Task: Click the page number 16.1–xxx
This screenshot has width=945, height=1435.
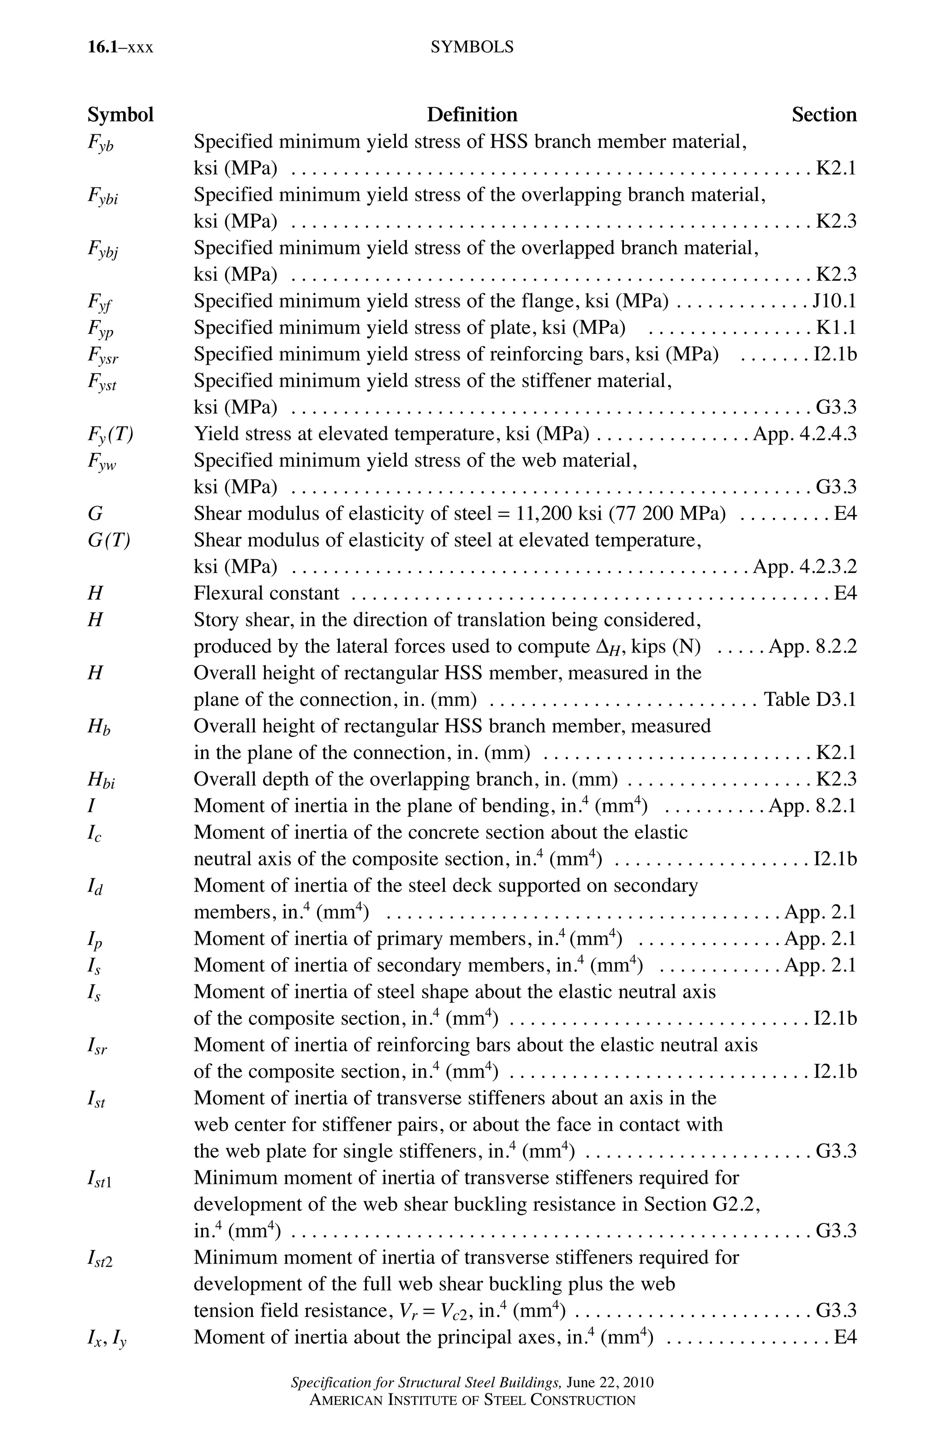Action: (120, 47)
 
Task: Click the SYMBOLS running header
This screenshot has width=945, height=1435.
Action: (472, 47)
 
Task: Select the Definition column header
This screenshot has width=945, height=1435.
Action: (472, 115)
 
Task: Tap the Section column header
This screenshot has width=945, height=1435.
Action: (823, 115)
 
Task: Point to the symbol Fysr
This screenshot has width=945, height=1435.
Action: (103, 355)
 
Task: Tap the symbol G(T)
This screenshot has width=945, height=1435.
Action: (108, 540)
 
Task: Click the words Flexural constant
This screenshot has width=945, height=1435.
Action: (266, 593)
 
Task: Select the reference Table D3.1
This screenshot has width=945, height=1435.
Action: (809, 699)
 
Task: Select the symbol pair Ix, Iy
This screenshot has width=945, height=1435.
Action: (107, 1339)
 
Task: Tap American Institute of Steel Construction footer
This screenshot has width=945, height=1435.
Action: (472, 1400)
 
